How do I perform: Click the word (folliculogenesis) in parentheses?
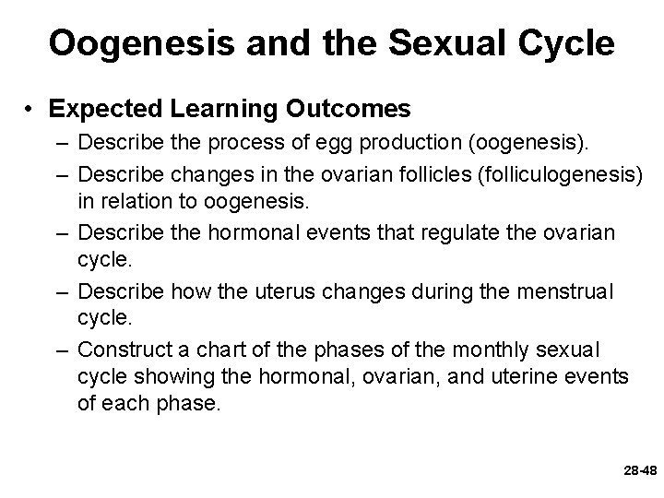[x=551, y=174]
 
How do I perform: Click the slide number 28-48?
[x=639, y=471]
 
